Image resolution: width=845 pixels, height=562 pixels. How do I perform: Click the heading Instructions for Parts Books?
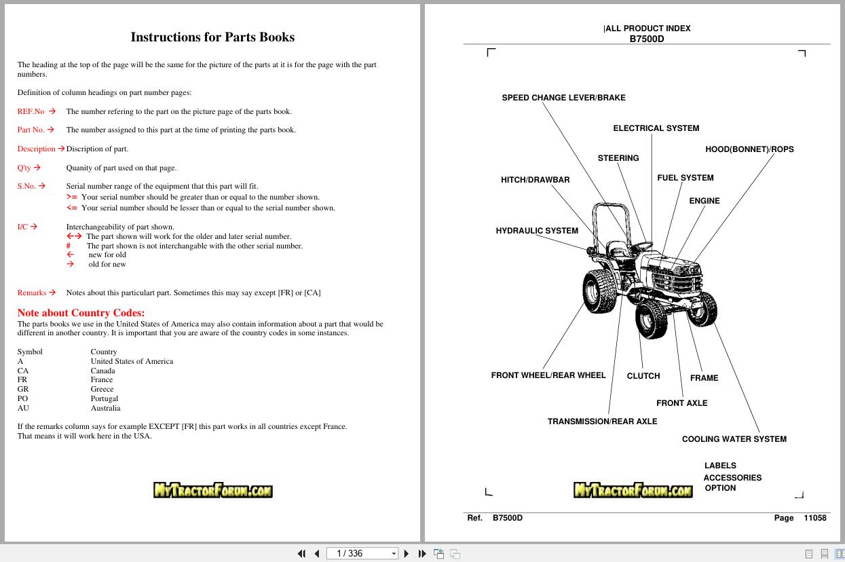[212, 37]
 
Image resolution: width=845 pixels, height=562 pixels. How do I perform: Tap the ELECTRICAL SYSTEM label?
[656, 128]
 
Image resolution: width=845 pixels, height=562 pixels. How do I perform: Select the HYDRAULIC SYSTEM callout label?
[537, 231]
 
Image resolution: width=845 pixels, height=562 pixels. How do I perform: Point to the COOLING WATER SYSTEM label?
[734, 439]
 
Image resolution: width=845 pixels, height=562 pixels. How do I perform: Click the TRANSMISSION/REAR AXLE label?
[602, 421]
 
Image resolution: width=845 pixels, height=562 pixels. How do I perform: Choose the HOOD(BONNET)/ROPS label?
[749, 149]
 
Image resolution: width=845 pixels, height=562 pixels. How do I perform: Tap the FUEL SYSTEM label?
[685, 178]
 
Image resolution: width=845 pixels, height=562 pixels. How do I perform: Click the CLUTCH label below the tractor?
[643, 376]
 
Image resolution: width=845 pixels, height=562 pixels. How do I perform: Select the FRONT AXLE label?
[681, 403]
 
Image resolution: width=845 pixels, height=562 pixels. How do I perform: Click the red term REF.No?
[31, 111]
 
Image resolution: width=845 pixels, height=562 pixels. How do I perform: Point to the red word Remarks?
[31, 293]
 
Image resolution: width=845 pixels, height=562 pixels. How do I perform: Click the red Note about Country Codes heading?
[81, 313]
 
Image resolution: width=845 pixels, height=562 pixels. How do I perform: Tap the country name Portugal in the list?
[105, 399]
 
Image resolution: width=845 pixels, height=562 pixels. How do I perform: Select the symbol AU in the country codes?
[23, 409]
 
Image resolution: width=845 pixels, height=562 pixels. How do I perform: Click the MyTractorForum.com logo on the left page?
[212, 490]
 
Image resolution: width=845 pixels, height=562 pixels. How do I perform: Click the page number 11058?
[814, 518]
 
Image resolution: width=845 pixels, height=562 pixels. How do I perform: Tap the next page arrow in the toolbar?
[407, 554]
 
